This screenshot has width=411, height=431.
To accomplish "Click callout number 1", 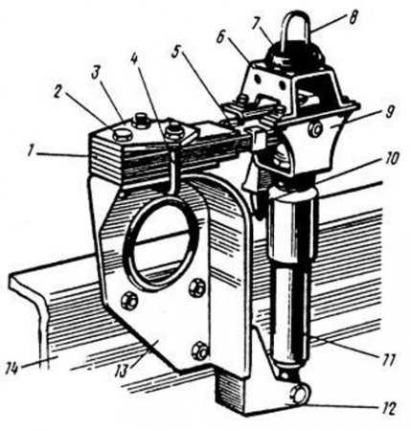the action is click(x=31, y=151).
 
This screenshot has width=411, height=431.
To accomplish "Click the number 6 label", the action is click(x=220, y=38).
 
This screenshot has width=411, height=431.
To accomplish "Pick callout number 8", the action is click(x=352, y=17).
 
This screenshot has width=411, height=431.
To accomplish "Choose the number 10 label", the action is click(x=391, y=159).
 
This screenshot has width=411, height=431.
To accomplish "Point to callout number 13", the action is click(x=122, y=371).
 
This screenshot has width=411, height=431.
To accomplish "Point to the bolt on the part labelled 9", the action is click(x=316, y=129).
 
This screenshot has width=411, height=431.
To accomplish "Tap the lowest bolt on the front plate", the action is click(x=199, y=351).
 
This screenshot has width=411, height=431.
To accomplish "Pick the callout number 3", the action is click(x=95, y=74).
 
